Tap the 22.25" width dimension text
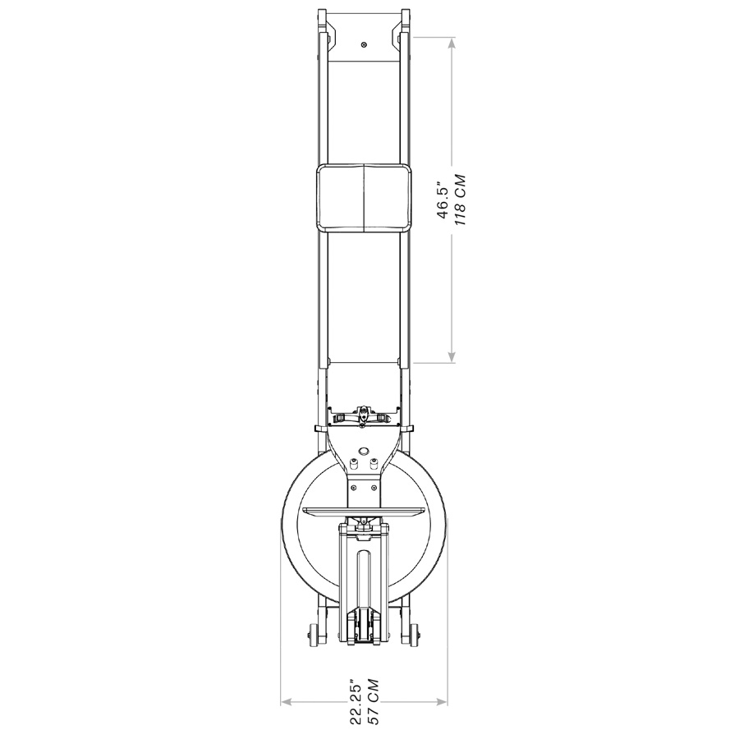tap(355, 701)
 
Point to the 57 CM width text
tap(372, 702)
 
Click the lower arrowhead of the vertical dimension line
tap(452, 356)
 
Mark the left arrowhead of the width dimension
tap(286, 701)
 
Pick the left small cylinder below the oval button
tap(354, 463)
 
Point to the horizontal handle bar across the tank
tap(364, 511)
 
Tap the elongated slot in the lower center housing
tap(364, 579)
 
